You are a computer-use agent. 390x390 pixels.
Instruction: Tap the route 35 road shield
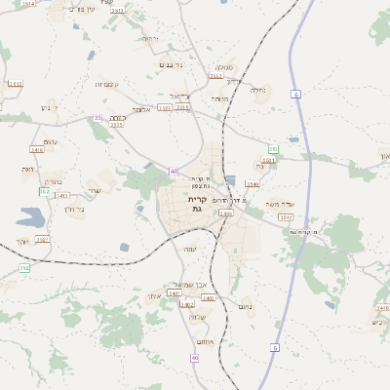97,118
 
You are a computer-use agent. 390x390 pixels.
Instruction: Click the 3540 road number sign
253,183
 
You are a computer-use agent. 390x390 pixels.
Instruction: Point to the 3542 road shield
286,217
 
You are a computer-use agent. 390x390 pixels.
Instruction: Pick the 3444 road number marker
226,213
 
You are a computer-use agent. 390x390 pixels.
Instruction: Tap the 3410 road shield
37,150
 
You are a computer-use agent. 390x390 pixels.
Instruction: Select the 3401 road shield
174,292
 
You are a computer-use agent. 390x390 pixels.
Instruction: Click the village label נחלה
258,91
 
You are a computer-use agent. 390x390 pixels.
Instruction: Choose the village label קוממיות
107,85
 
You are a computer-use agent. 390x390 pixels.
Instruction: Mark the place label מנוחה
220,98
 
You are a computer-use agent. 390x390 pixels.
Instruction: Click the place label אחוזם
204,340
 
